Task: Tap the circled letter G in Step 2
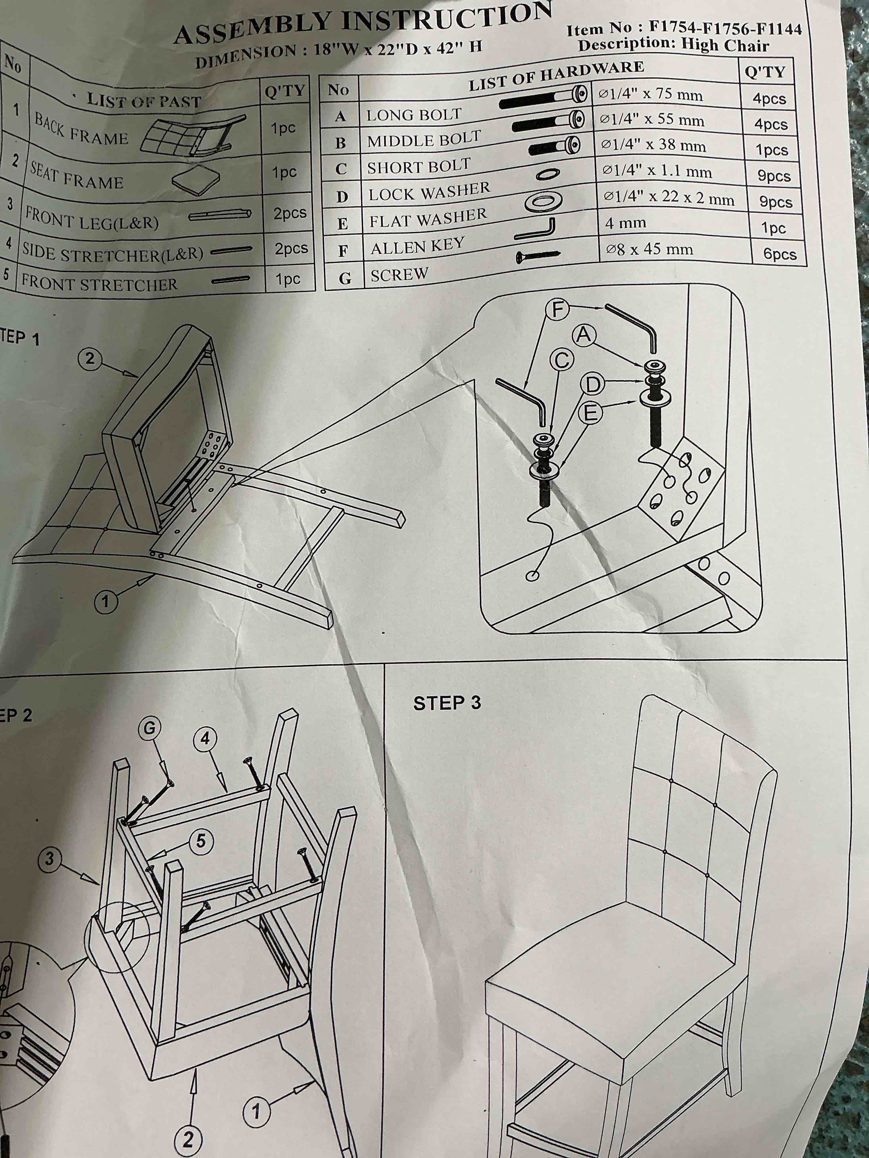point(150,728)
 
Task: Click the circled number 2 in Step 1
point(90,359)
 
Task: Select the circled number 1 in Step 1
point(105,601)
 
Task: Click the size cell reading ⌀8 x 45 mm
point(649,249)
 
